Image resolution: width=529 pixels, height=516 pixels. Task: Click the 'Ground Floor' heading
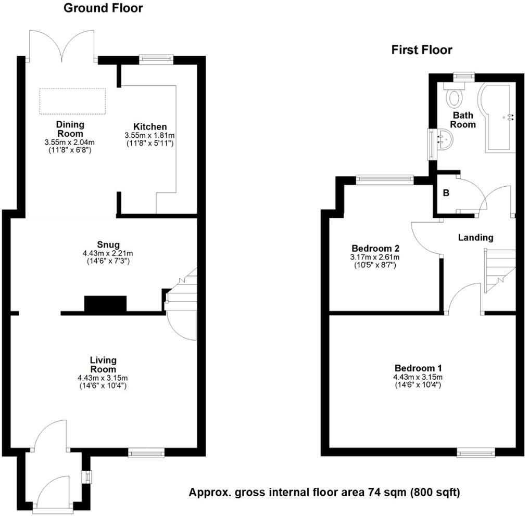pyautogui.click(x=103, y=8)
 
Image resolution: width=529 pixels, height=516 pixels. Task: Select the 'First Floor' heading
pyautogui.click(x=422, y=50)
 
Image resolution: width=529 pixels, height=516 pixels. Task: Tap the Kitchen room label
pyautogui.click(x=150, y=126)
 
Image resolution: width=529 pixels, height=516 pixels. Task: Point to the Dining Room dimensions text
pyautogui.click(x=71, y=146)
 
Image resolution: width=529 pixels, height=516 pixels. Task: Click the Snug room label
pyautogui.click(x=108, y=244)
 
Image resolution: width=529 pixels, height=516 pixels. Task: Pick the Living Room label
pyautogui.click(x=103, y=364)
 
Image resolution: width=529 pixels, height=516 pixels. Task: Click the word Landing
pyautogui.click(x=475, y=237)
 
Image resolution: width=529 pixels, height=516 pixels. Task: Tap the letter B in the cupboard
pyautogui.click(x=445, y=192)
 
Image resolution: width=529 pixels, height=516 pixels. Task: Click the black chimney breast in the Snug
pyautogui.click(x=105, y=304)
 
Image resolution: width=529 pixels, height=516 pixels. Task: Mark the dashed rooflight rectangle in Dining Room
pyautogui.click(x=72, y=101)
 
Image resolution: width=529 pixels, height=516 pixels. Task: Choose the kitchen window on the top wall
pyautogui.click(x=156, y=59)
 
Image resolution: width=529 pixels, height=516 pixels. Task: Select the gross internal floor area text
pyautogui.click(x=324, y=492)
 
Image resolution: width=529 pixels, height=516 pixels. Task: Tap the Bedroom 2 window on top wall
pyautogui.click(x=385, y=180)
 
